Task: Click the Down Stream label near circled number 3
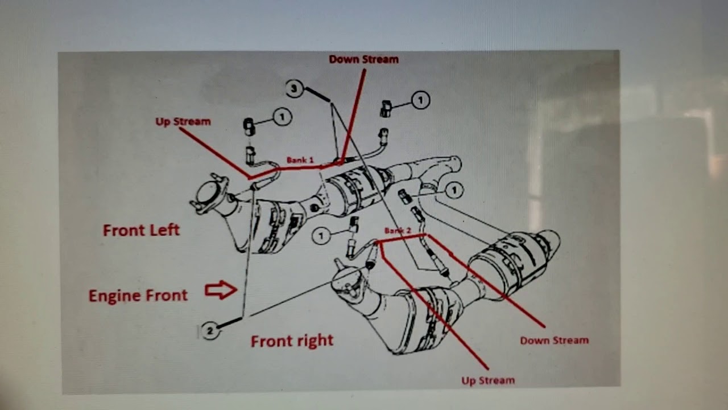click(363, 59)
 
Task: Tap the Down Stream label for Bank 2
click(554, 341)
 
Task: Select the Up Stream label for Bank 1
click(183, 121)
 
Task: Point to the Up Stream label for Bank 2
click(488, 380)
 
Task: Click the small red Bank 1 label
click(300, 161)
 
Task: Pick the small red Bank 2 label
click(397, 231)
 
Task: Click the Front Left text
click(141, 230)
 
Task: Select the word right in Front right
click(313, 341)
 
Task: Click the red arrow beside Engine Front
click(221, 290)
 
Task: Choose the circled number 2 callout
click(210, 331)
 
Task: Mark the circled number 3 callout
click(294, 88)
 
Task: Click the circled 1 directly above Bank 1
click(282, 117)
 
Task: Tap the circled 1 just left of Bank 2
click(321, 235)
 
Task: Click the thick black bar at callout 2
click(229, 323)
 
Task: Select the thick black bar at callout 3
click(317, 95)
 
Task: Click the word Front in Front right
click(269, 341)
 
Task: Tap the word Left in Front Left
click(164, 230)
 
